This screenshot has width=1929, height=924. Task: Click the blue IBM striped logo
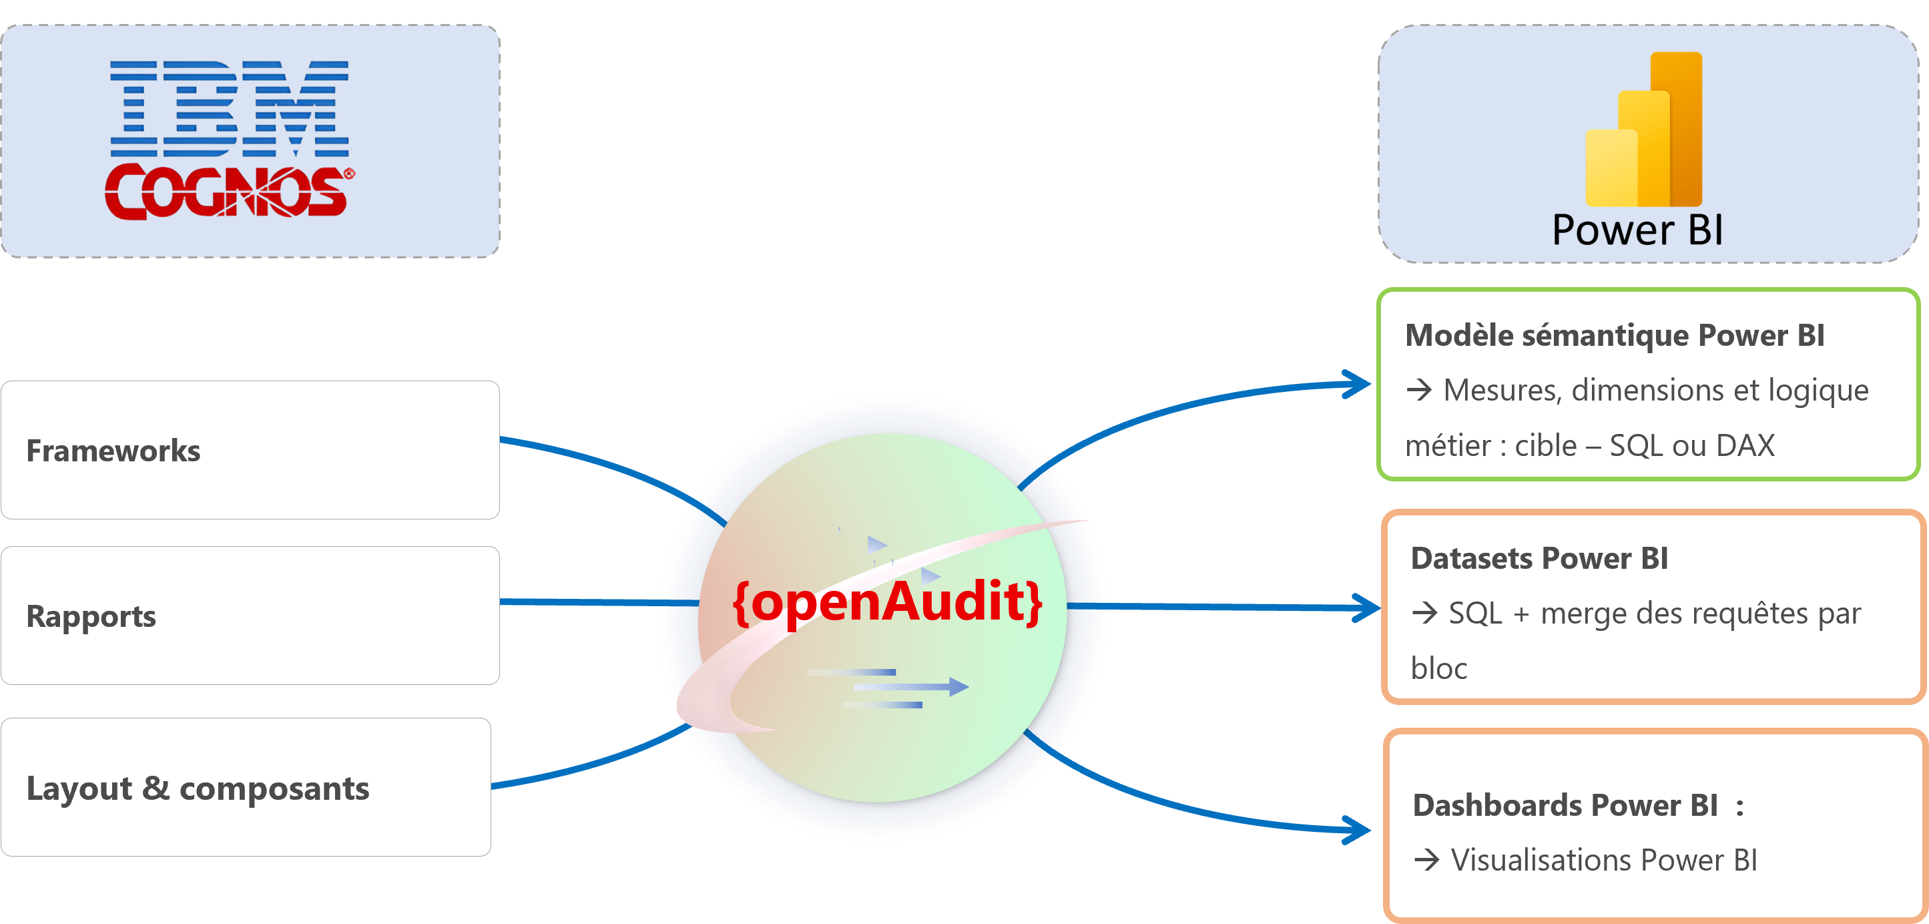pos(229,109)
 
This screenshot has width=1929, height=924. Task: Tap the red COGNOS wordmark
pos(229,192)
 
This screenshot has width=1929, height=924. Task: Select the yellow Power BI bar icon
pos(1644,129)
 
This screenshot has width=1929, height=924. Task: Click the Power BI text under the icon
pos(1638,230)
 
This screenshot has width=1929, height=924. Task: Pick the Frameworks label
pos(113,451)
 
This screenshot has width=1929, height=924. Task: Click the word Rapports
pos(91,617)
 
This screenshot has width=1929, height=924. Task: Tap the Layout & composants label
pos(198,788)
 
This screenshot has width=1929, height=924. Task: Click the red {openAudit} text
pos(887,602)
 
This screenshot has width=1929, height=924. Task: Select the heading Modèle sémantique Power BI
pos(1615,335)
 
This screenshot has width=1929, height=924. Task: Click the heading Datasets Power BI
pos(1539,559)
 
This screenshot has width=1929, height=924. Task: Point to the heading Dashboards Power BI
pos(1565,806)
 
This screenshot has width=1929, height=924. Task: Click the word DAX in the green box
pos(1745,445)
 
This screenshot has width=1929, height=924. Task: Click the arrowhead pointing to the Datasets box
pos(1364,608)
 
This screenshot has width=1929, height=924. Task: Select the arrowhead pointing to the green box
pos(1357,384)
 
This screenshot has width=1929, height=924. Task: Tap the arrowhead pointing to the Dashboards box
pos(1357,830)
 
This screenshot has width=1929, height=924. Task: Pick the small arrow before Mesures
pos(1419,390)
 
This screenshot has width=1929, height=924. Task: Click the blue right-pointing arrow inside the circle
pos(911,686)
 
